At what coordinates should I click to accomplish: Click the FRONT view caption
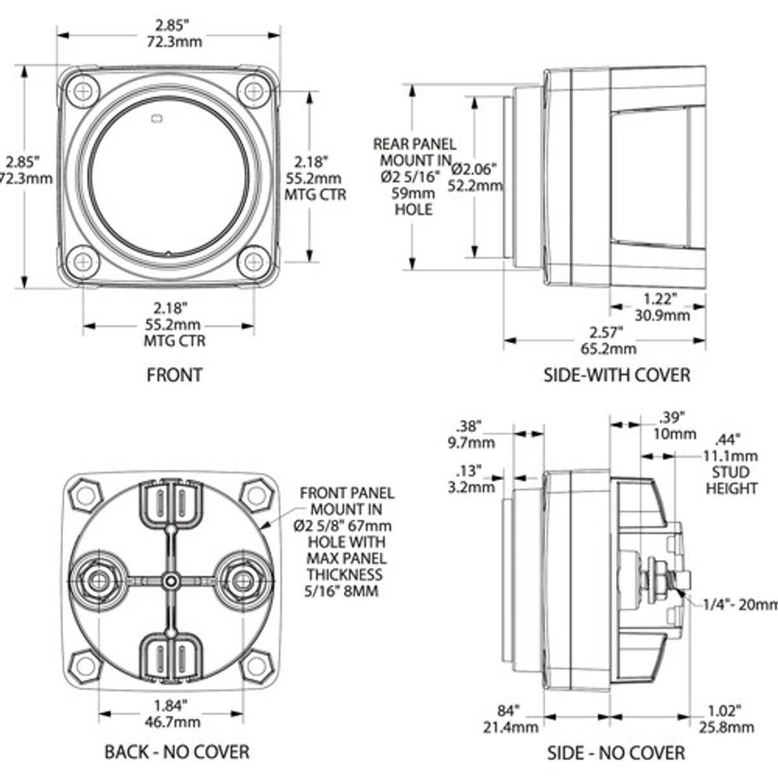click(174, 375)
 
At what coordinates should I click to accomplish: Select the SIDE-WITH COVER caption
click(617, 375)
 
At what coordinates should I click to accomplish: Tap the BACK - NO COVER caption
click(176, 751)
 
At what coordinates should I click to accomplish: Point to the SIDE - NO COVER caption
click(616, 752)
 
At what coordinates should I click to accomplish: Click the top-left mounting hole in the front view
click(84, 90)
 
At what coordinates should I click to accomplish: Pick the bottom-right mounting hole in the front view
click(253, 262)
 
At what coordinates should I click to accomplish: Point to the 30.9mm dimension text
click(661, 316)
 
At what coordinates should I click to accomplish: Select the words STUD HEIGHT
click(731, 480)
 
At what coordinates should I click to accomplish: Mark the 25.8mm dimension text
click(725, 727)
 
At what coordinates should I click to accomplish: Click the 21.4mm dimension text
click(511, 727)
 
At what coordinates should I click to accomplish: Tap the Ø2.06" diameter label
click(475, 169)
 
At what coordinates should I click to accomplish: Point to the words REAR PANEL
click(414, 144)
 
